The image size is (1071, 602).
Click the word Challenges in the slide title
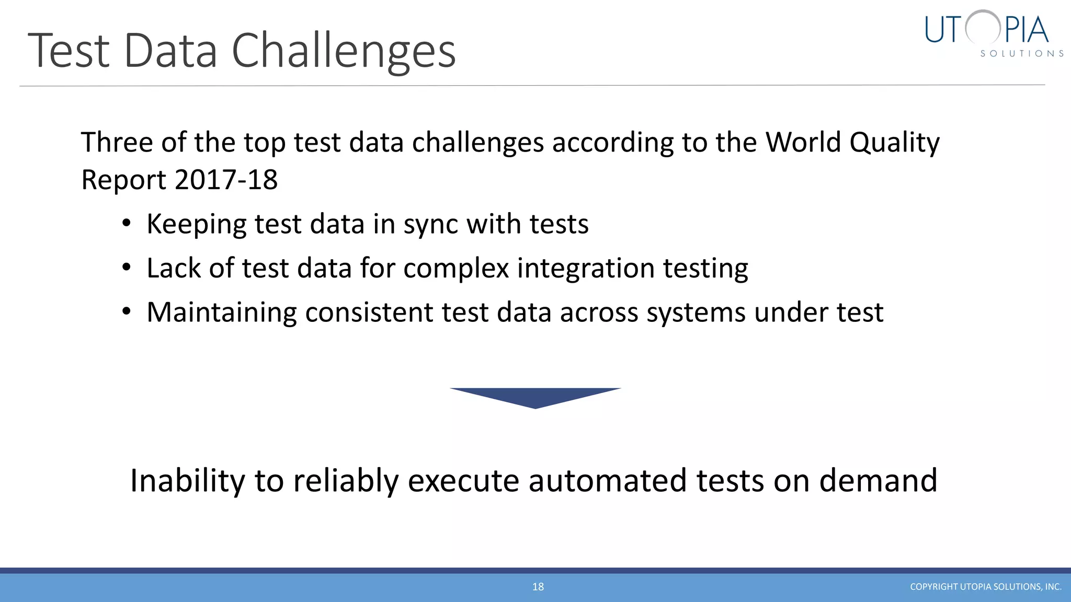click(x=344, y=51)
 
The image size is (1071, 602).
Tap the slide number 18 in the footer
click(x=538, y=587)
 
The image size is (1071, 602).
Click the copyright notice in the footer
click(x=985, y=587)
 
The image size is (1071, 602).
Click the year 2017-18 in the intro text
click(x=226, y=180)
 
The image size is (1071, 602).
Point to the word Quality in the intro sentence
click(x=894, y=142)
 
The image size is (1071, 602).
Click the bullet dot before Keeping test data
click(x=126, y=224)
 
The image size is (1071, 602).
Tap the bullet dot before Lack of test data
click(x=126, y=268)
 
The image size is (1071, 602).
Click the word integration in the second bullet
click(x=586, y=269)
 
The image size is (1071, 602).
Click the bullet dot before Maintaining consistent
click(x=126, y=312)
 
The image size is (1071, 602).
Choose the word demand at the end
click(x=878, y=481)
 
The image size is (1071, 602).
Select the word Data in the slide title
click(x=170, y=51)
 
